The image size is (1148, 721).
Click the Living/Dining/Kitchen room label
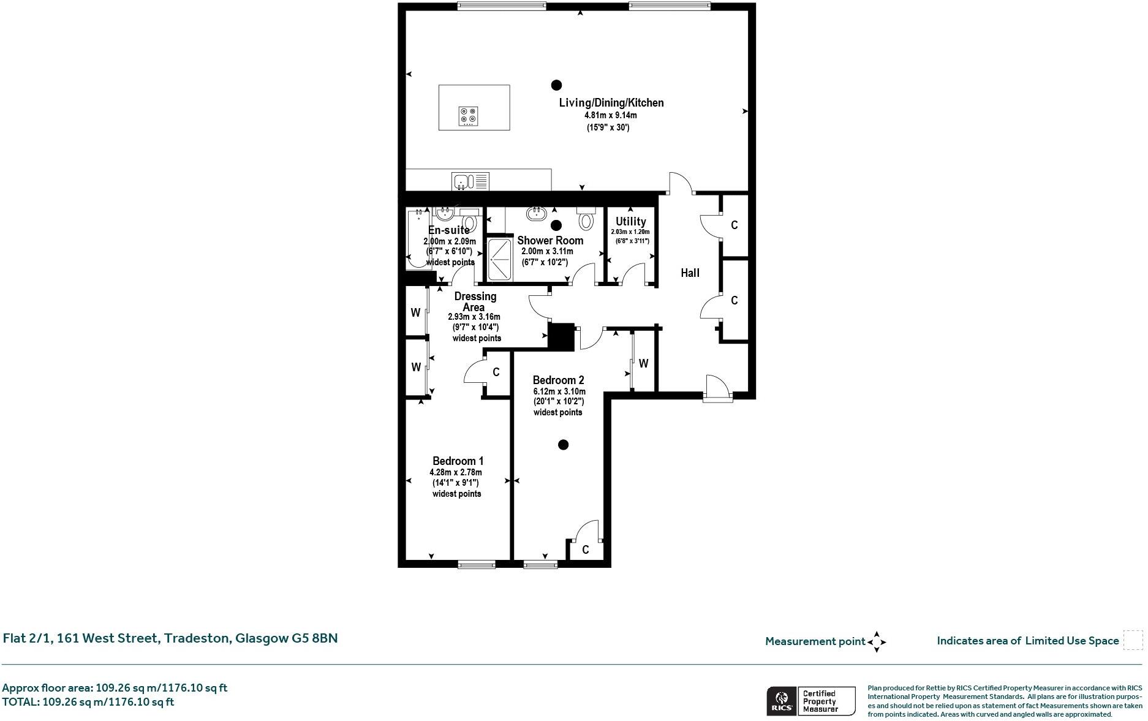pyautogui.click(x=611, y=103)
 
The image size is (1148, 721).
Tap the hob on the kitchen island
pyautogui.click(x=468, y=116)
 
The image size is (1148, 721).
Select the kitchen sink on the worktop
pyautogui.click(x=470, y=181)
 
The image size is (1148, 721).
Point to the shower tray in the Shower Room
pyautogui.click(x=500, y=259)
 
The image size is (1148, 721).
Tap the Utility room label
pyautogui.click(x=630, y=221)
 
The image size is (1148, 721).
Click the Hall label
pyautogui.click(x=690, y=273)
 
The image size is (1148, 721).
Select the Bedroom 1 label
pyautogui.click(x=458, y=461)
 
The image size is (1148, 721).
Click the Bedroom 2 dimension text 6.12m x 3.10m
pyautogui.click(x=559, y=391)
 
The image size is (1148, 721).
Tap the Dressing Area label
pyautogui.click(x=475, y=301)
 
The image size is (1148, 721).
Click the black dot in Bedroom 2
pyautogui.click(x=563, y=445)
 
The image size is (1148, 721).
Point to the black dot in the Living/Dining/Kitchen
pyautogui.click(x=556, y=85)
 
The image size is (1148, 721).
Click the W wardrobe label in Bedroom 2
pyautogui.click(x=643, y=364)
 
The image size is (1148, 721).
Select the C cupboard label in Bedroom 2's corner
pyautogui.click(x=585, y=550)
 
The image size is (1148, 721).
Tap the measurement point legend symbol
pyautogui.click(x=877, y=642)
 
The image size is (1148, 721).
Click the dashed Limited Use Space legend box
pyautogui.click(x=1133, y=640)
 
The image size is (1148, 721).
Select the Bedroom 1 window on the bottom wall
pyautogui.click(x=477, y=564)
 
